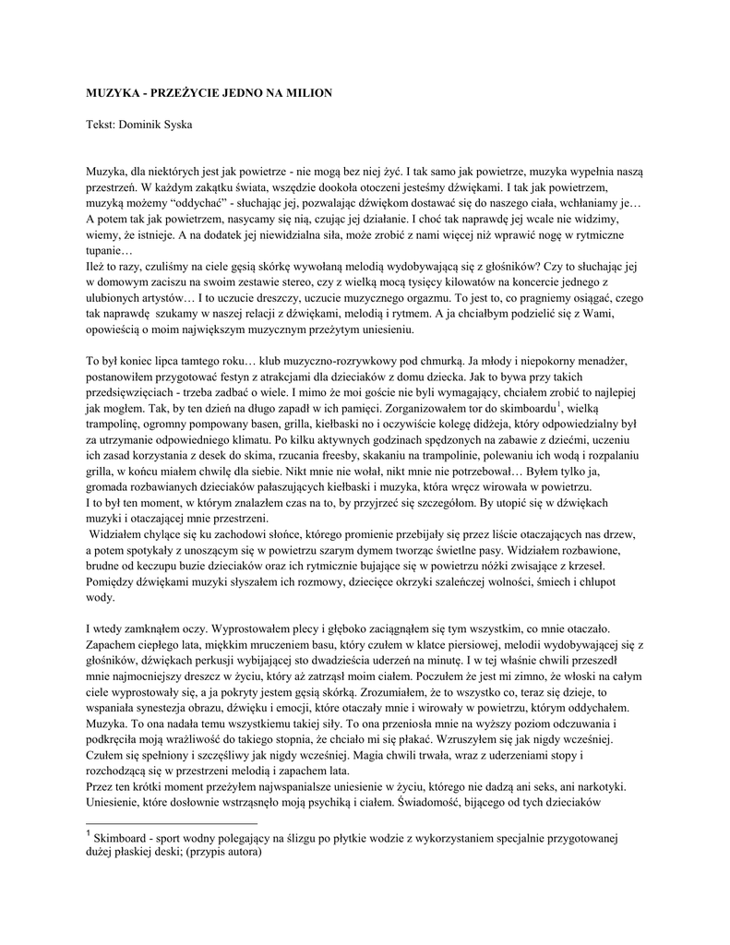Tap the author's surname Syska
[174, 124]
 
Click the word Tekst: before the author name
[102, 124]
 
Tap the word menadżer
[614, 362]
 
